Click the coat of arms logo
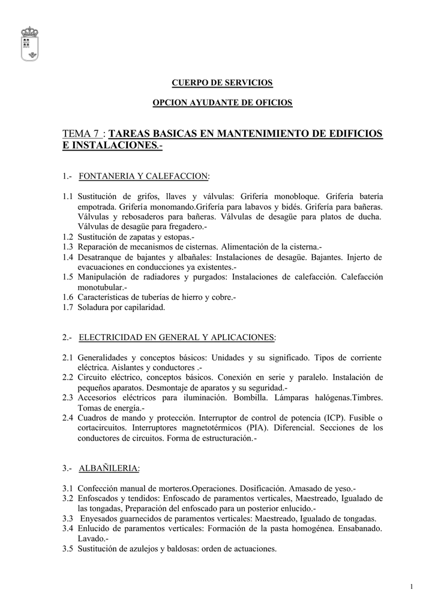pos(29,43)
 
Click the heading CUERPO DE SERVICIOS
pos(223,82)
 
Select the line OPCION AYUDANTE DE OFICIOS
pos(223,103)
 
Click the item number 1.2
pos(68,237)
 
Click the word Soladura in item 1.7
pos(94,308)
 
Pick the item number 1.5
pos(68,277)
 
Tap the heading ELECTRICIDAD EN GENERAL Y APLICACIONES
pos(176,338)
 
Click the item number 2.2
pos(68,378)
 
